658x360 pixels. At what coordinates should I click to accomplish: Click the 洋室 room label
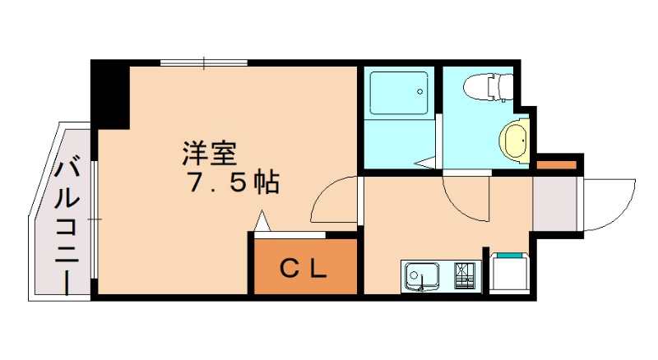(x=210, y=154)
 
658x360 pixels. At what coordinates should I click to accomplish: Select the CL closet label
(x=305, y=267)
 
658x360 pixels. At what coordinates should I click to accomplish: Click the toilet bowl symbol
(x=489, y=85)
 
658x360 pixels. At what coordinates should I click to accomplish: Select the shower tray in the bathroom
(x=398, y=93)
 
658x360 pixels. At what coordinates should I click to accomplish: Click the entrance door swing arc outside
(x=609, y=205)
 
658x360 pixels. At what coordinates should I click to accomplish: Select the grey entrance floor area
(x=554, y=205)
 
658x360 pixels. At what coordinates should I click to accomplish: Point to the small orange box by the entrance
(x=557, y=165)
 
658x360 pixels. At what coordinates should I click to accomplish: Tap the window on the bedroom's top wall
(x=204, y=62)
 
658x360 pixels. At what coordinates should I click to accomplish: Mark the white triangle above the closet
(x=262, y=222)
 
